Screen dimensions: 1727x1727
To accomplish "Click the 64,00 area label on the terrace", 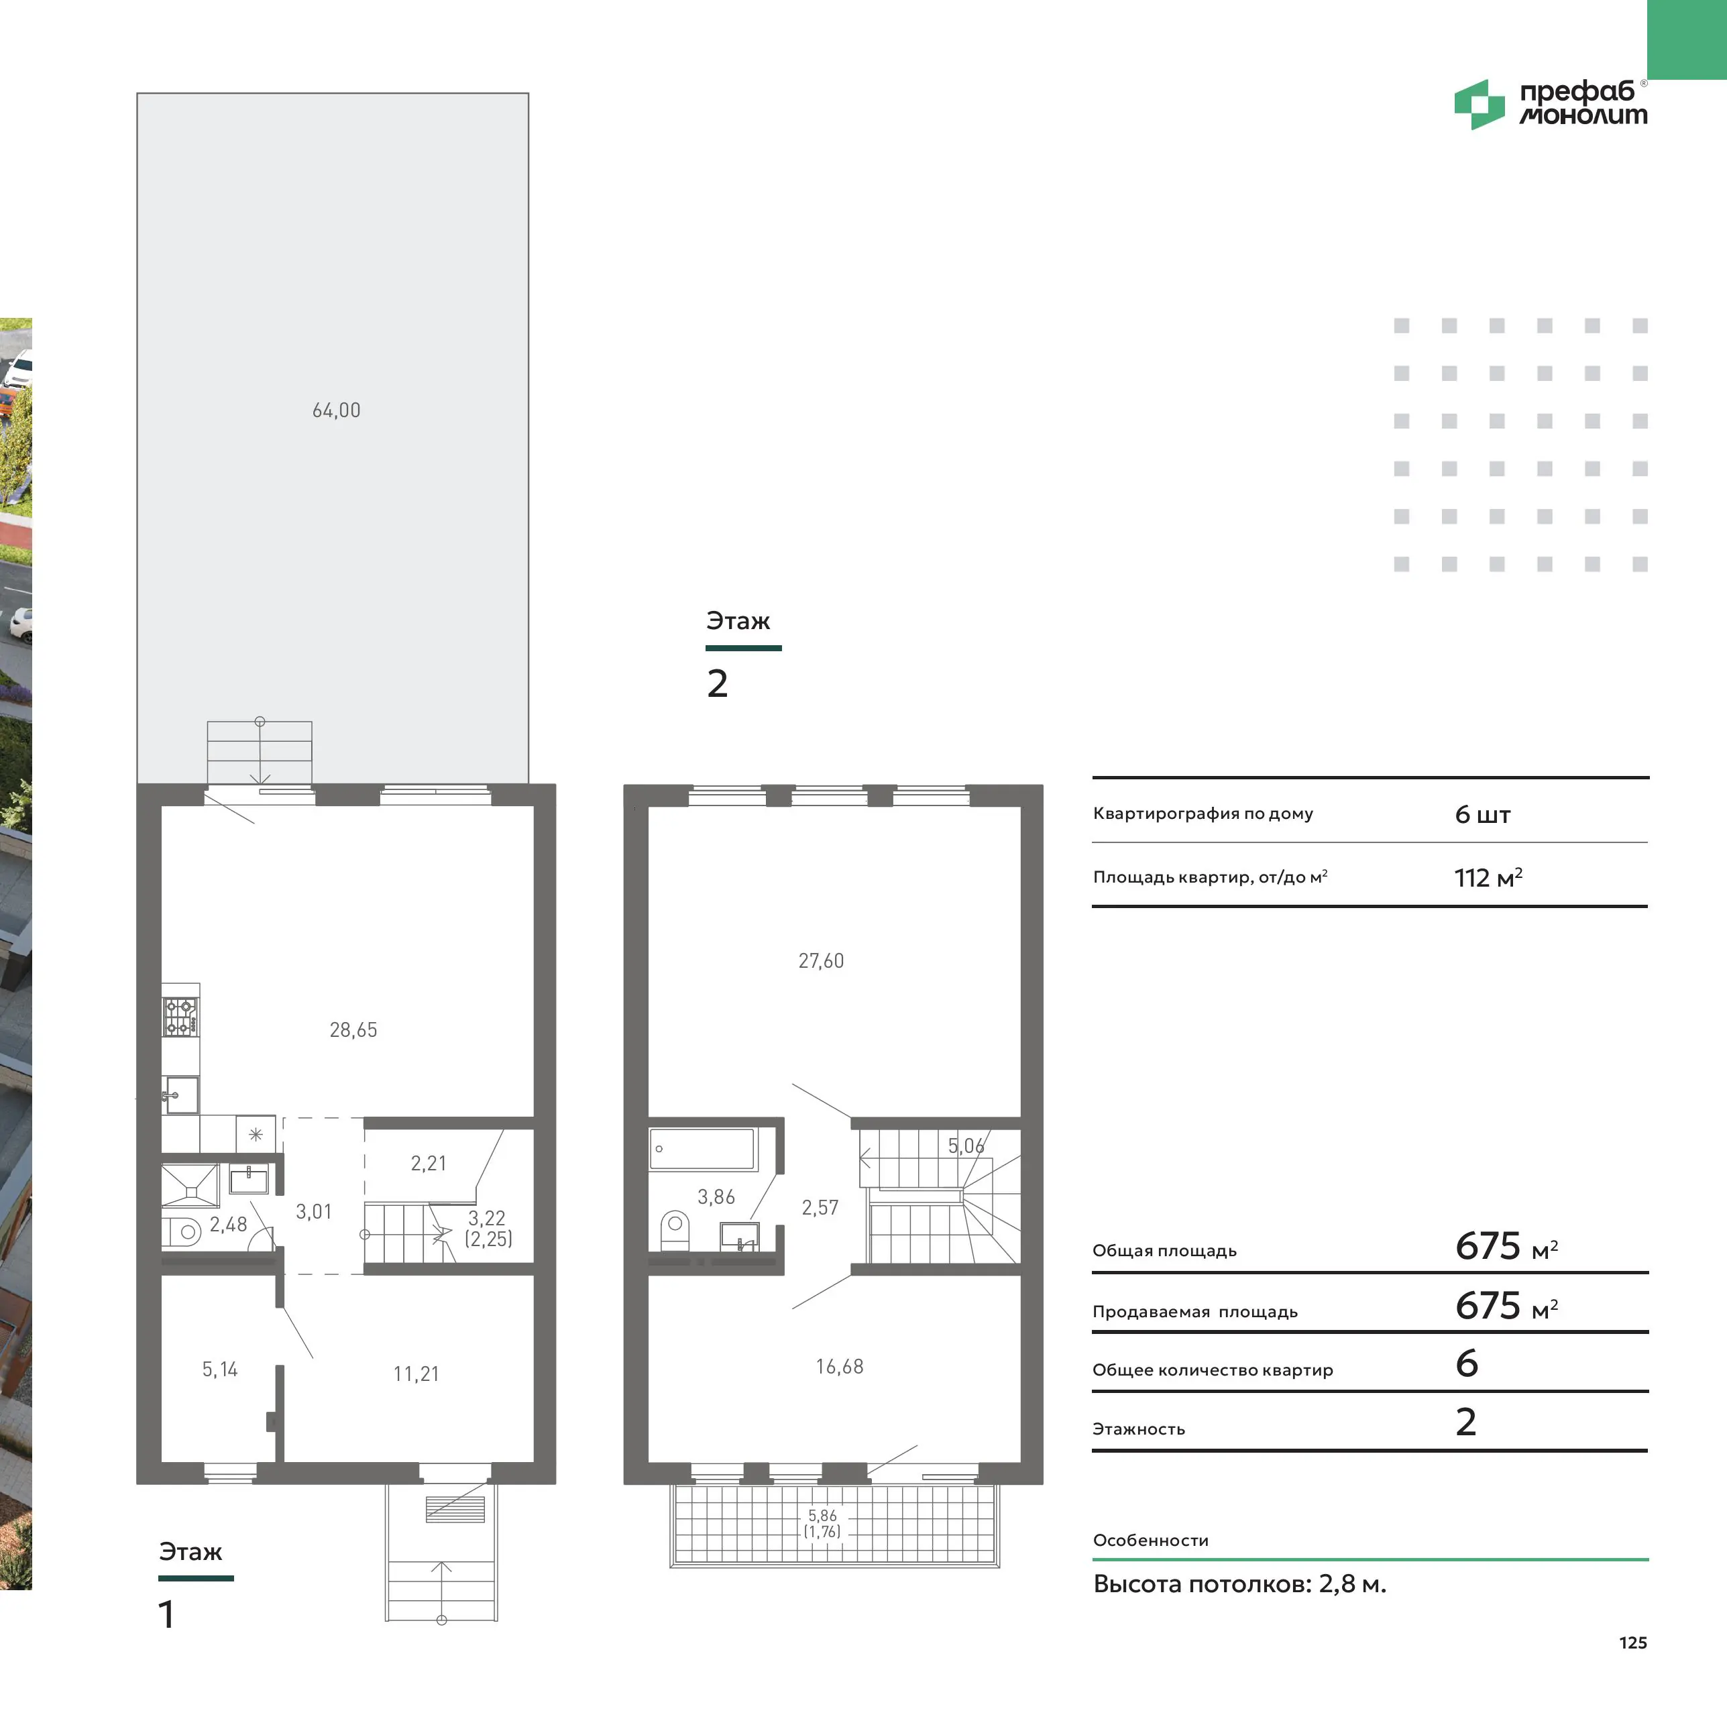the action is (336, 410).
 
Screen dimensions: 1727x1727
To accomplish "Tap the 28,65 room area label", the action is (353, 1029).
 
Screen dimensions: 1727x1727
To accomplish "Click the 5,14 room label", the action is (220, 1370).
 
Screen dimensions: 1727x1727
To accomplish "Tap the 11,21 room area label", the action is (416, 1374).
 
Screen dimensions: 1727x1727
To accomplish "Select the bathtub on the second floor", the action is (703, 1149).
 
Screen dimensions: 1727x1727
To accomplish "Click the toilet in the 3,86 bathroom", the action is (675, 1230).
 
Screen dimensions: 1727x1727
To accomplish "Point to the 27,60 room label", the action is (821, 961).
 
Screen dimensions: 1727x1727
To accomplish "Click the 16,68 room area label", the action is (840, 1367).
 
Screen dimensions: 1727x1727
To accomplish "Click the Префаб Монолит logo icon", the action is (1480, 105).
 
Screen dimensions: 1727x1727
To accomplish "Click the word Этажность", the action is (1139, 1429).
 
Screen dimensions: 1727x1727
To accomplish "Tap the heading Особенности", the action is (1150, 1540).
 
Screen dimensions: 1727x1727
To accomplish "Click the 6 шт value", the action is (1483, 814).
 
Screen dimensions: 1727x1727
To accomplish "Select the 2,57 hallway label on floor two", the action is (820, 1208).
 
